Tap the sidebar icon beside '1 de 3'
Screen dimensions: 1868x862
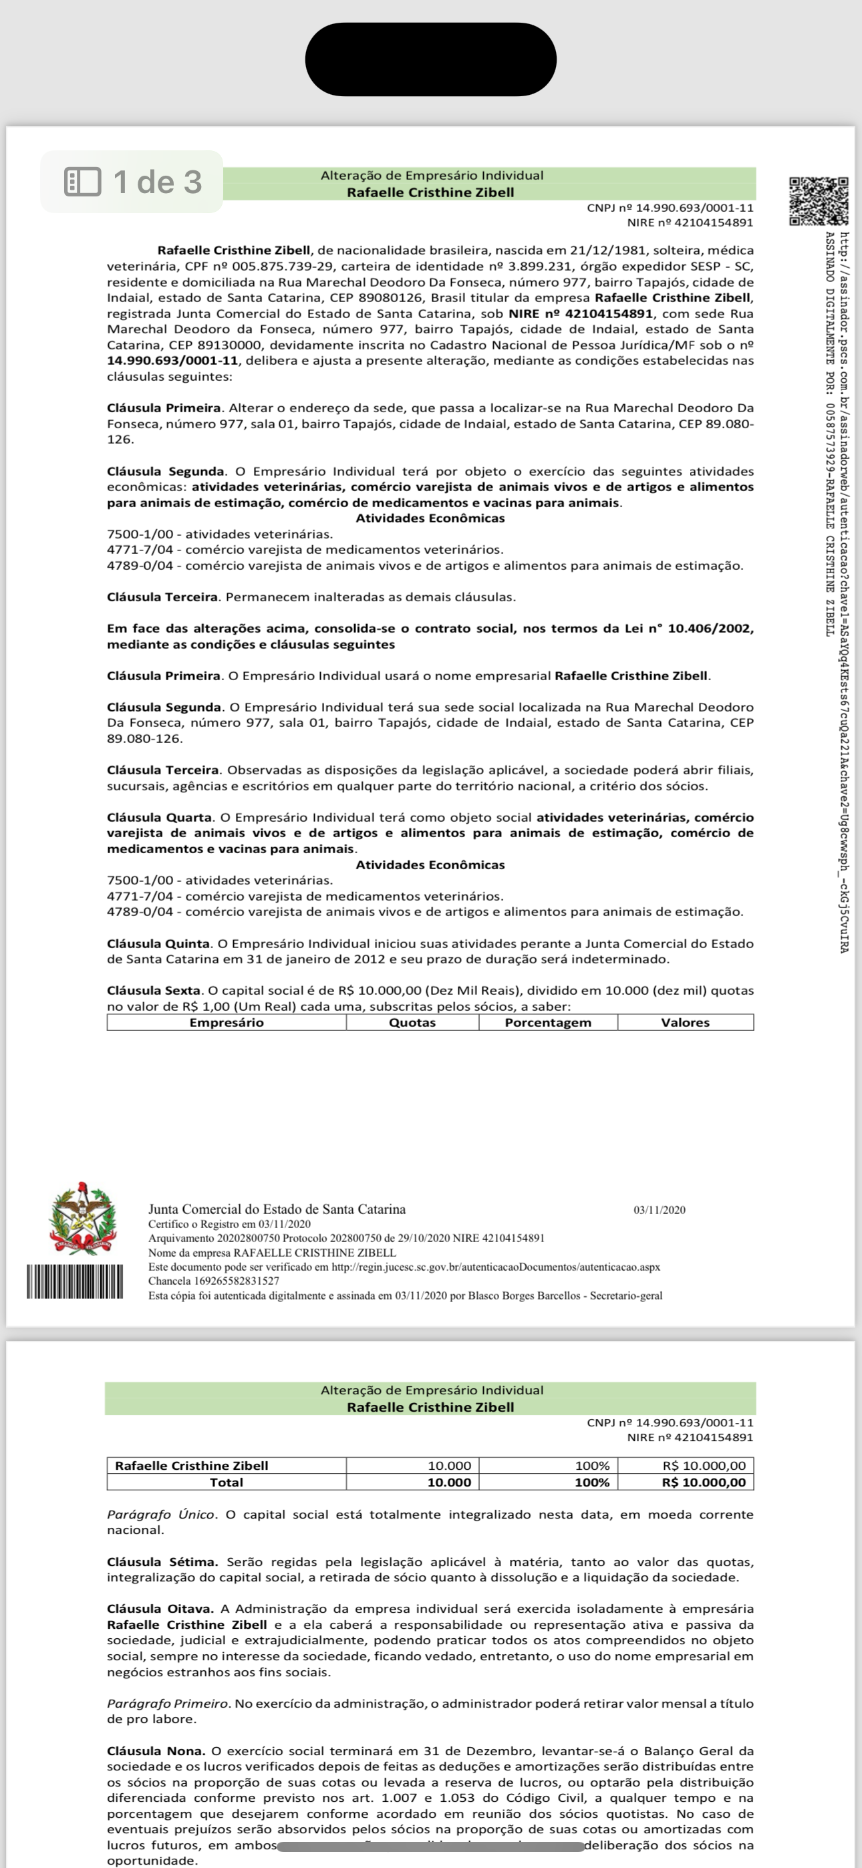pyautogui.click(x=83, y=182)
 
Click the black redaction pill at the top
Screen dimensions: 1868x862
pyautogui.click(x=430, y=59)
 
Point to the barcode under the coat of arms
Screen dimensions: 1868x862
pyautogui.click(x=75, y=1281)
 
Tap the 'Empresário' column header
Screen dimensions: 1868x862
pyautogui.click(x=227, y=1022)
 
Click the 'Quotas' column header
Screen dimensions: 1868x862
pyautogui.click(x=412, y=1022)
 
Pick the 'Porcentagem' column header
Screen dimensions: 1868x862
pyautogui.click(x=548, y=1022)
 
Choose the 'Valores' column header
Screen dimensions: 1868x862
pyautogui.click(x=685, y=1022)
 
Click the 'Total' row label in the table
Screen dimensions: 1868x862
pyautogui.click(x=227, y=1483)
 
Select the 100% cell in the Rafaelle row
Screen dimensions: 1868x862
pyautogui.click(x=592, y=1466)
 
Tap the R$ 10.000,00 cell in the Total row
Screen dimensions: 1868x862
pyautogui.click(x=703, y=1483)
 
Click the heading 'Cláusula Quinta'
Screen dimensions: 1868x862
pyautogui.click(x=158, y=943)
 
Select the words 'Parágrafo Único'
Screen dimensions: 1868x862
pyautogui.click(x=160, y=1514)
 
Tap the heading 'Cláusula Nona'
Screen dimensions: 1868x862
pyautogui.click(x=155, y=1750)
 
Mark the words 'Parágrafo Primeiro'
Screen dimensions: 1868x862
pyautogui.click(x=168, y=1703)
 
